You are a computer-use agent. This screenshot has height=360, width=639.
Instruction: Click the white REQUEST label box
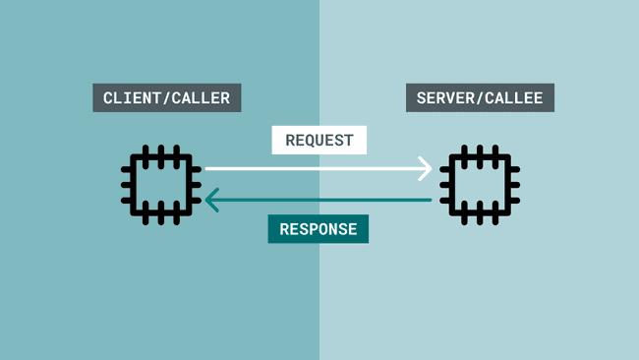point(319,141)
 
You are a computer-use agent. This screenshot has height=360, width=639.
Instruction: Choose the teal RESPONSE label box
point(319,229)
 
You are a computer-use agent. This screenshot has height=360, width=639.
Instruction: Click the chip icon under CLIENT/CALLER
point(161,184)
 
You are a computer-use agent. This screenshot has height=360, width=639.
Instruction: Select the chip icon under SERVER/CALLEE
point(480,184)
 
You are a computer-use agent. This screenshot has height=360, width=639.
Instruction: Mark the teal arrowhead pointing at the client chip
point(211,201)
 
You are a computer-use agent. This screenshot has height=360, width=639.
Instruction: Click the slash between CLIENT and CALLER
point(168,98)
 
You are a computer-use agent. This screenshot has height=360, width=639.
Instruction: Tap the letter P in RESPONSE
point(315,229)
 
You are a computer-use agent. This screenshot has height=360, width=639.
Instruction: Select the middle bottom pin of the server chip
point(480,216)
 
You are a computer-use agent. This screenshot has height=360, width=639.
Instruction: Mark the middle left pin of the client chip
point(128,184)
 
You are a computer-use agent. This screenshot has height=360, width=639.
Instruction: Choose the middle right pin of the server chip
point(513,184)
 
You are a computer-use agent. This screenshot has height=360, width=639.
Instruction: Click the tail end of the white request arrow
point(207,168)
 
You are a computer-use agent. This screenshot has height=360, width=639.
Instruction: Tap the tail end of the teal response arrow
point(430,201)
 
